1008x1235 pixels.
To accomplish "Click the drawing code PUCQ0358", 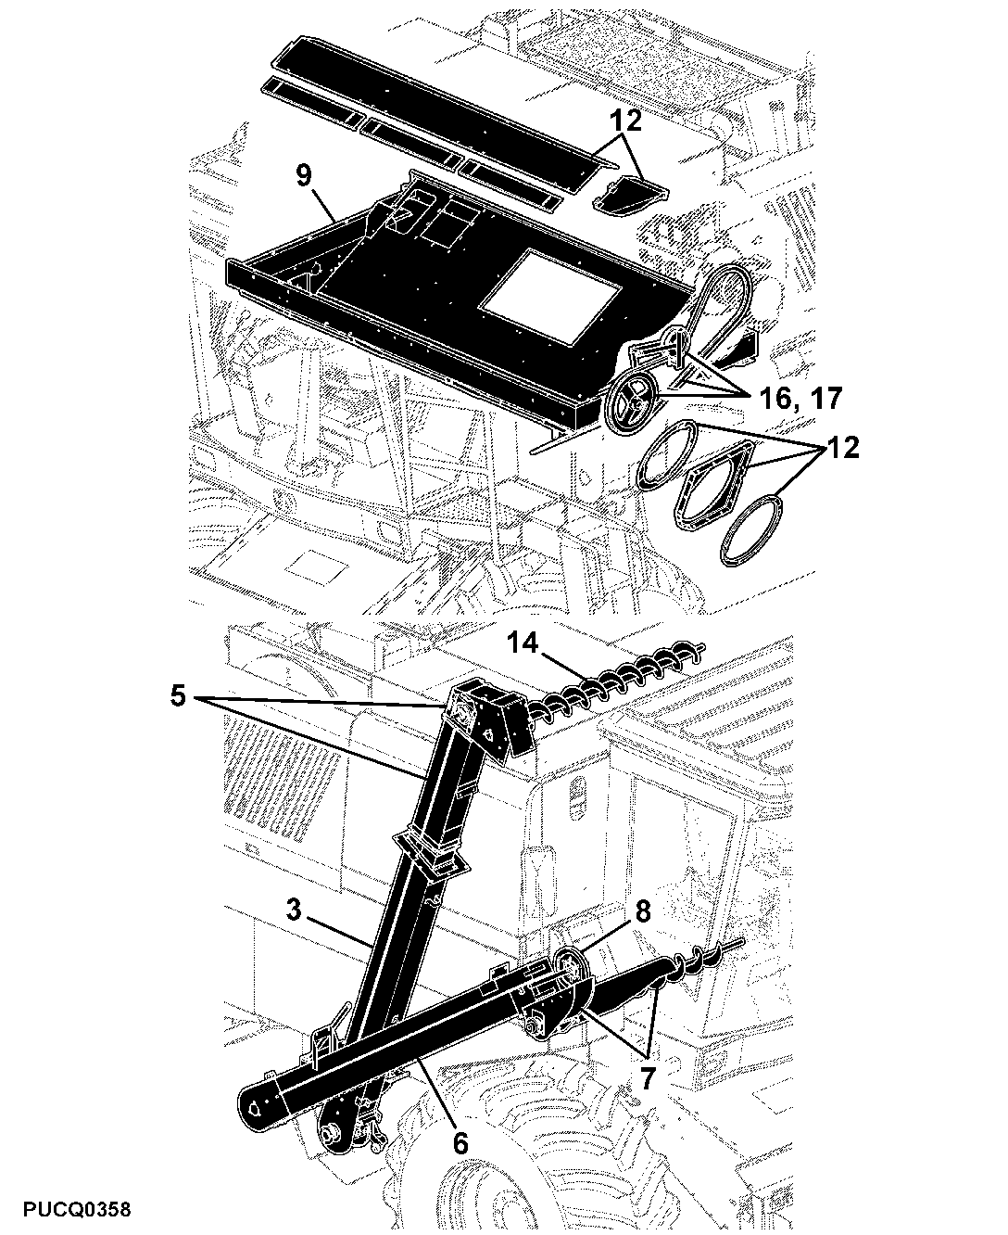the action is [77, 1210].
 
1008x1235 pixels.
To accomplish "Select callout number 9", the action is [304, 175].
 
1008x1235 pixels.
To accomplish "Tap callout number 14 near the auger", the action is [522, 643].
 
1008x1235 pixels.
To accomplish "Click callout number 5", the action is [178, 696].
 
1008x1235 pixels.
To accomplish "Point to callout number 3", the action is [294, 910].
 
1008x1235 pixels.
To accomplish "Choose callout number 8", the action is [642, 911].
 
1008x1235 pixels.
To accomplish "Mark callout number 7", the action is [646, 1078].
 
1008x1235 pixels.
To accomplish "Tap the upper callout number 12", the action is [625, 121].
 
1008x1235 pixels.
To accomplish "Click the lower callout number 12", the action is [843, 448].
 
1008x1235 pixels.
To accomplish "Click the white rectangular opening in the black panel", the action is [550, 297].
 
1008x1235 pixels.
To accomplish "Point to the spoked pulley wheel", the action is [633, 404].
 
